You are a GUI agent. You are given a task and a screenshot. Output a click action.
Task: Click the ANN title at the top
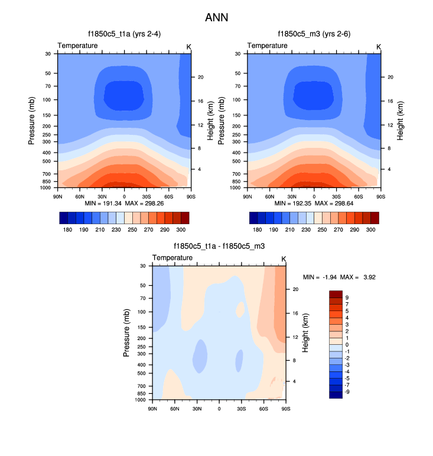216,18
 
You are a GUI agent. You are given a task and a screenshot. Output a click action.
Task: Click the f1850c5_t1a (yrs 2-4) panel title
123,34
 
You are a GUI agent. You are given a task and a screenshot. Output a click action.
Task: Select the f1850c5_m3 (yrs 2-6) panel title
314,34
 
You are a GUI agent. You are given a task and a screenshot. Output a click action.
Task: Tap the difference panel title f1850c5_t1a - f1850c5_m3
219,247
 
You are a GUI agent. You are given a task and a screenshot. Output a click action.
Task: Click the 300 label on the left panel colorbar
181,228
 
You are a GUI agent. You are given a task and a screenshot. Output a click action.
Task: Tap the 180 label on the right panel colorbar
257,228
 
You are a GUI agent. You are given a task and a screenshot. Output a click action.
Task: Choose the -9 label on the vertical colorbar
347,392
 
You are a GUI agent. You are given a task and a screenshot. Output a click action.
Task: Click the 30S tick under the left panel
146,195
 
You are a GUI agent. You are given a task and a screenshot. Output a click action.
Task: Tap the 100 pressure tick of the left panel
47,100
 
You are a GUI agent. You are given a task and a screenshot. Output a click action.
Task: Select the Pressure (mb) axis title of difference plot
126,333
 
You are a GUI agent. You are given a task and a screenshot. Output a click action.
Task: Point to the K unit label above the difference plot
284,259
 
